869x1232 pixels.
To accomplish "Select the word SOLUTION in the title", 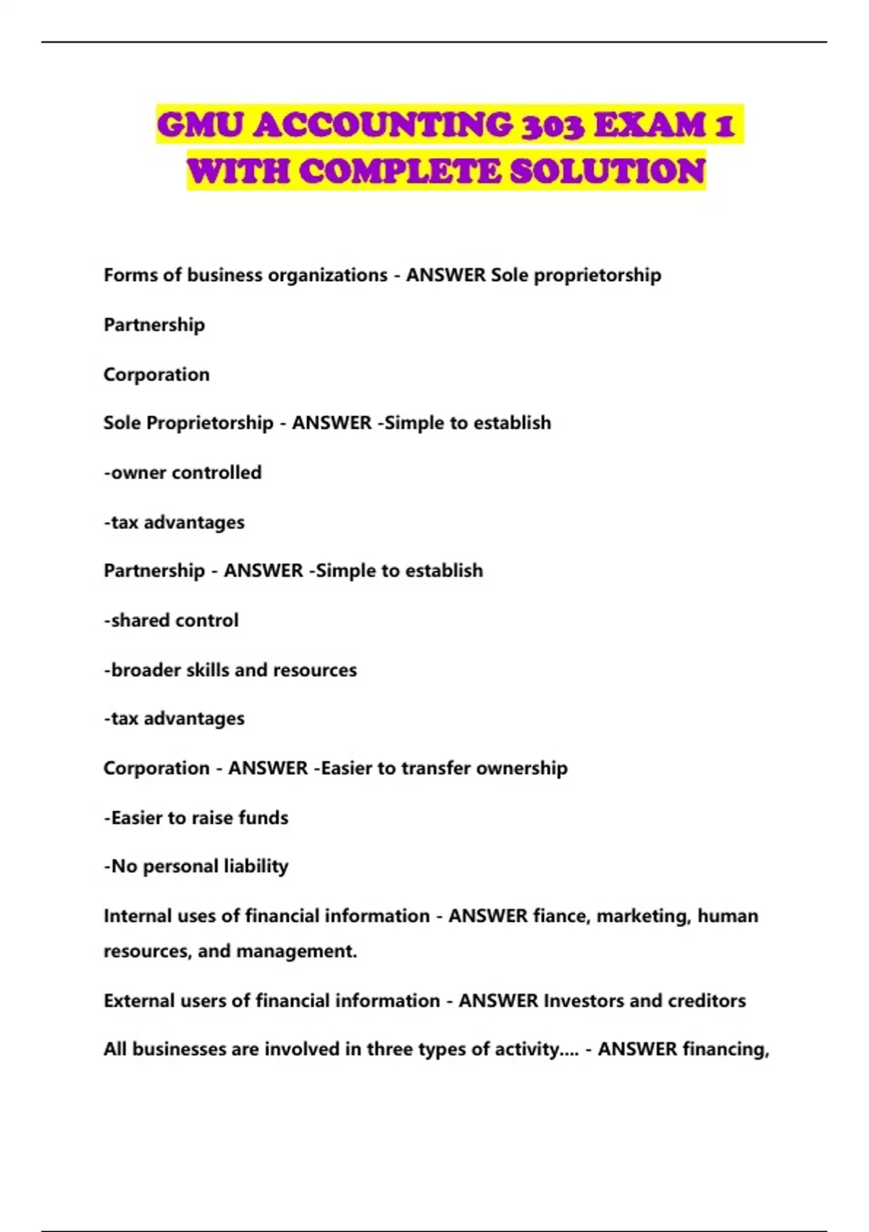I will click(x=608, y=172).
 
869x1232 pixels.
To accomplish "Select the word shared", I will click(x=140, y=620).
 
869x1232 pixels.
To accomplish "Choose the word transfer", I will click(x=436, y=768).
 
